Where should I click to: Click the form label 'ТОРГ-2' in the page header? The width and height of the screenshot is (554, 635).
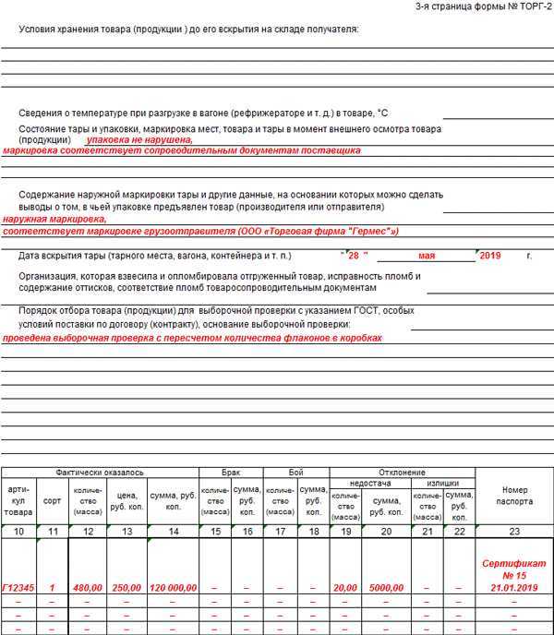[x=532, y=6]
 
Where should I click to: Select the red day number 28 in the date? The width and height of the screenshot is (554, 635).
[x=355, y=255]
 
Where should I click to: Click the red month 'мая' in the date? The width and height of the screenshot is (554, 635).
[x=426, y=255]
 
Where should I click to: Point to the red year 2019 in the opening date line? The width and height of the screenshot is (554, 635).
[x=490, y=255]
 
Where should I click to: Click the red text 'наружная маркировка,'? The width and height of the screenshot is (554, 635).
[x=54, y=220]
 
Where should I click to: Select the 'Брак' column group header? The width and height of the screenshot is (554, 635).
[x=231, y=472]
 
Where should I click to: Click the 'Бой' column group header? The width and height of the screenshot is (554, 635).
[x=295, y=472]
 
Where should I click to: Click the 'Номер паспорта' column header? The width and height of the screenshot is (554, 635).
[x=514, y=496]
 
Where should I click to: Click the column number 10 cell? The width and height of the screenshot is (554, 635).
[x=18, y=531]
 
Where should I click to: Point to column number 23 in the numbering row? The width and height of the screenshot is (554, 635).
[x=514, y=531]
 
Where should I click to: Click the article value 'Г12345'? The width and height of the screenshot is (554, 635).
[x=18, y=587]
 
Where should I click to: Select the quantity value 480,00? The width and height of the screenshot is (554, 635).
[x=88, y=587]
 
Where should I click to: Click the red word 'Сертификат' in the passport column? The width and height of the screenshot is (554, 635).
[x=514, y=562]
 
